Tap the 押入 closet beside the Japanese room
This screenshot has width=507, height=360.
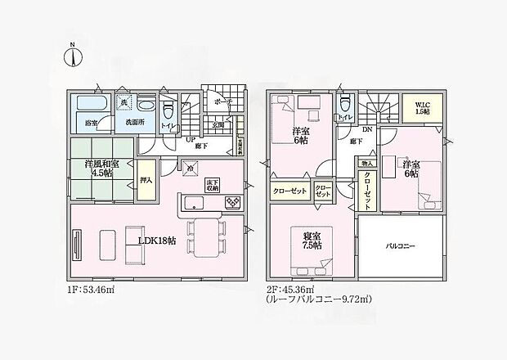click(x=146, y=179)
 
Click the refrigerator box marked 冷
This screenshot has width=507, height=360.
click(x=190, y=169)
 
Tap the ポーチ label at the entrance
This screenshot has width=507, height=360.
click(x=218, y=101)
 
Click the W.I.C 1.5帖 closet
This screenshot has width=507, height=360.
click(x=421, y=107)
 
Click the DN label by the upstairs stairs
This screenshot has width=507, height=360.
click(x=368, y=130)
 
